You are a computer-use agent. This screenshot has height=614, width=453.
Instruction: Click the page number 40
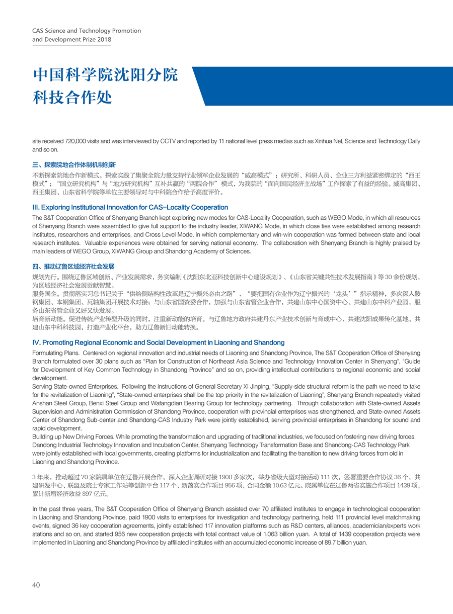click(36, 585)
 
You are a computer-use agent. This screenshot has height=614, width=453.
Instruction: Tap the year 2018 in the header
click(104, 39)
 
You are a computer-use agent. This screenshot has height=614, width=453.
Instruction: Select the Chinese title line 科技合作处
click(72, 97)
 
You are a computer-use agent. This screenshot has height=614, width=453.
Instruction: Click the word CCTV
click(169, 142)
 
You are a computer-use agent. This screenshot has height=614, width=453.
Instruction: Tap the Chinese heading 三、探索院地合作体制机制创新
click(74, 164)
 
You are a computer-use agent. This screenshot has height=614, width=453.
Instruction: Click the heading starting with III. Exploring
click(130, 207)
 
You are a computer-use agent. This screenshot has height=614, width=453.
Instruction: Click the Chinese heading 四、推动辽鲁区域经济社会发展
click(74, 266)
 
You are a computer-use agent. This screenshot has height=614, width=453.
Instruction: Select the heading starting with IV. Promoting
click(158, 342)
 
